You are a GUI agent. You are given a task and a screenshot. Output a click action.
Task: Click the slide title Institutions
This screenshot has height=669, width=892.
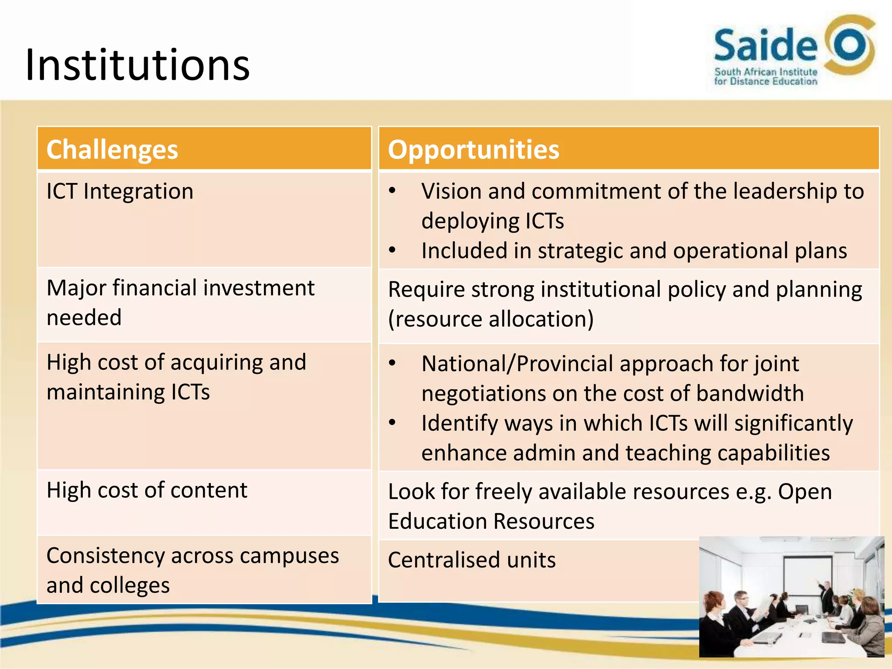[x=138, y=65]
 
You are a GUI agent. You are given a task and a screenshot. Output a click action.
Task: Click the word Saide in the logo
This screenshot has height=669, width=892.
[x=765, y=45]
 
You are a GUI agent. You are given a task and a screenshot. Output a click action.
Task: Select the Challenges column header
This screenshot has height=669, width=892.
[x=112, y=149]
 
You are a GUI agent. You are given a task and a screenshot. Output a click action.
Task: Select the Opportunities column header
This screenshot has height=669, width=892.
[x=473, y=149]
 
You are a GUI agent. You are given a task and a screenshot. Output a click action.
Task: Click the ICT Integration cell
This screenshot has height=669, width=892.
[x=120, y=191]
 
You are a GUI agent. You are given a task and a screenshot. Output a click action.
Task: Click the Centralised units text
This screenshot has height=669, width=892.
[x=472, y=560]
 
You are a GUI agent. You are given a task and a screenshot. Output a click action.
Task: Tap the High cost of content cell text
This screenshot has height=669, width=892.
[x=147, y=490]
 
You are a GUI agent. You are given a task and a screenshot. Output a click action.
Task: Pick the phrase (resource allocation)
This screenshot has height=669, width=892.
[x=491, y=319]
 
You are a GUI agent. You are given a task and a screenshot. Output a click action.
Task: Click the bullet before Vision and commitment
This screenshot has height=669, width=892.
[x=392, y=191]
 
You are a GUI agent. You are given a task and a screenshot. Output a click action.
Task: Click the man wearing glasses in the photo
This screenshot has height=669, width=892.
[x=740, y=610]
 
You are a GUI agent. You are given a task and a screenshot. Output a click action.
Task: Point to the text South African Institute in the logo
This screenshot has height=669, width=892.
[x=765, y=72]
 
